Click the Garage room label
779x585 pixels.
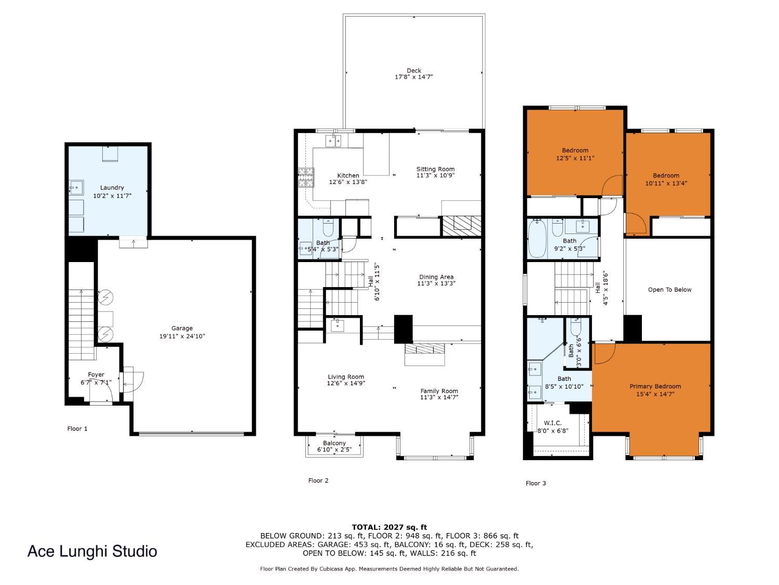click(x=182, y=328)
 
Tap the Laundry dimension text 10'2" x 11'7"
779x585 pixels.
click(x=112, y=196)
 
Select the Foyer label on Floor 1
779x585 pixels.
click(x=96, y=374)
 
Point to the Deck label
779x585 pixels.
click(x=414, y=70)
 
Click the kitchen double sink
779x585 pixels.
click(x=333, y=141)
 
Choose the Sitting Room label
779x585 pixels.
click(x=435, y=169)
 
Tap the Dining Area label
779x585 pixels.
click(x=436, y=277)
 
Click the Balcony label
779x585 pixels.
click(x=334, y=443)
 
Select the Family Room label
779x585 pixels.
click(x=439, y=391)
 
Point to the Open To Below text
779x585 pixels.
click(x=669, y=290)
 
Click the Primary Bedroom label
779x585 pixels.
click(x=655, y=386)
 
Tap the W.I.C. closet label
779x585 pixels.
click(x=553, y=423)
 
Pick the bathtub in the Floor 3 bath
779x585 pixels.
click(x=537, y=239)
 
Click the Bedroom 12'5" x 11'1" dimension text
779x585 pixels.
click(x=575, y=158)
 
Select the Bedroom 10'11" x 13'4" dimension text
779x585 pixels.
click(x=666, y=183)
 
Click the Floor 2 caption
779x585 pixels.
click(x=318, y=480)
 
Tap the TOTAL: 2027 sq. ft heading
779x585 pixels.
click(x=389, y=527)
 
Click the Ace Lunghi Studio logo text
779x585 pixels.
click(x=92, y=551)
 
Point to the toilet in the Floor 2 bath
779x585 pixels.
click(x=328, y=228)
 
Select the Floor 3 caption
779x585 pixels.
click(x=535, y=483)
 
